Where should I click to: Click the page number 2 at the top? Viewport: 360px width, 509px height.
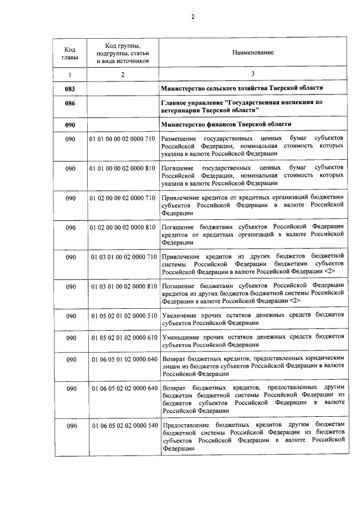[x=192, y=16]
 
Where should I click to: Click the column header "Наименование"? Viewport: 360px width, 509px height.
[x=253, y=52]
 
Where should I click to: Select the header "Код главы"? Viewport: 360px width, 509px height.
[x=70, y=52]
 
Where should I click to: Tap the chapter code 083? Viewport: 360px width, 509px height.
[x=70, y=89]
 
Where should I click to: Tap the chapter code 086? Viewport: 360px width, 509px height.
[x=70, y=103]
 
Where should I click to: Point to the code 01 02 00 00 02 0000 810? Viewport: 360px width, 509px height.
[x=122, y=227]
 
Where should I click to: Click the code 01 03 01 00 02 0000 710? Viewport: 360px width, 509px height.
[x=123, y=257]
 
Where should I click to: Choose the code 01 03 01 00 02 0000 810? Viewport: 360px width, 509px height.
[x=123, y=286]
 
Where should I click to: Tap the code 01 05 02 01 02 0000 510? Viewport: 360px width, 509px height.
[x=123, y=316]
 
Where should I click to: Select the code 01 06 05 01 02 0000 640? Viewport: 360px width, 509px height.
[x=123, y=359]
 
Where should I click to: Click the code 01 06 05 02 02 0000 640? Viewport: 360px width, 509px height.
[x=123, y=389]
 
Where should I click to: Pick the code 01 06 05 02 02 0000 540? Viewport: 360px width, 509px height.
[x=123, y=426]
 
